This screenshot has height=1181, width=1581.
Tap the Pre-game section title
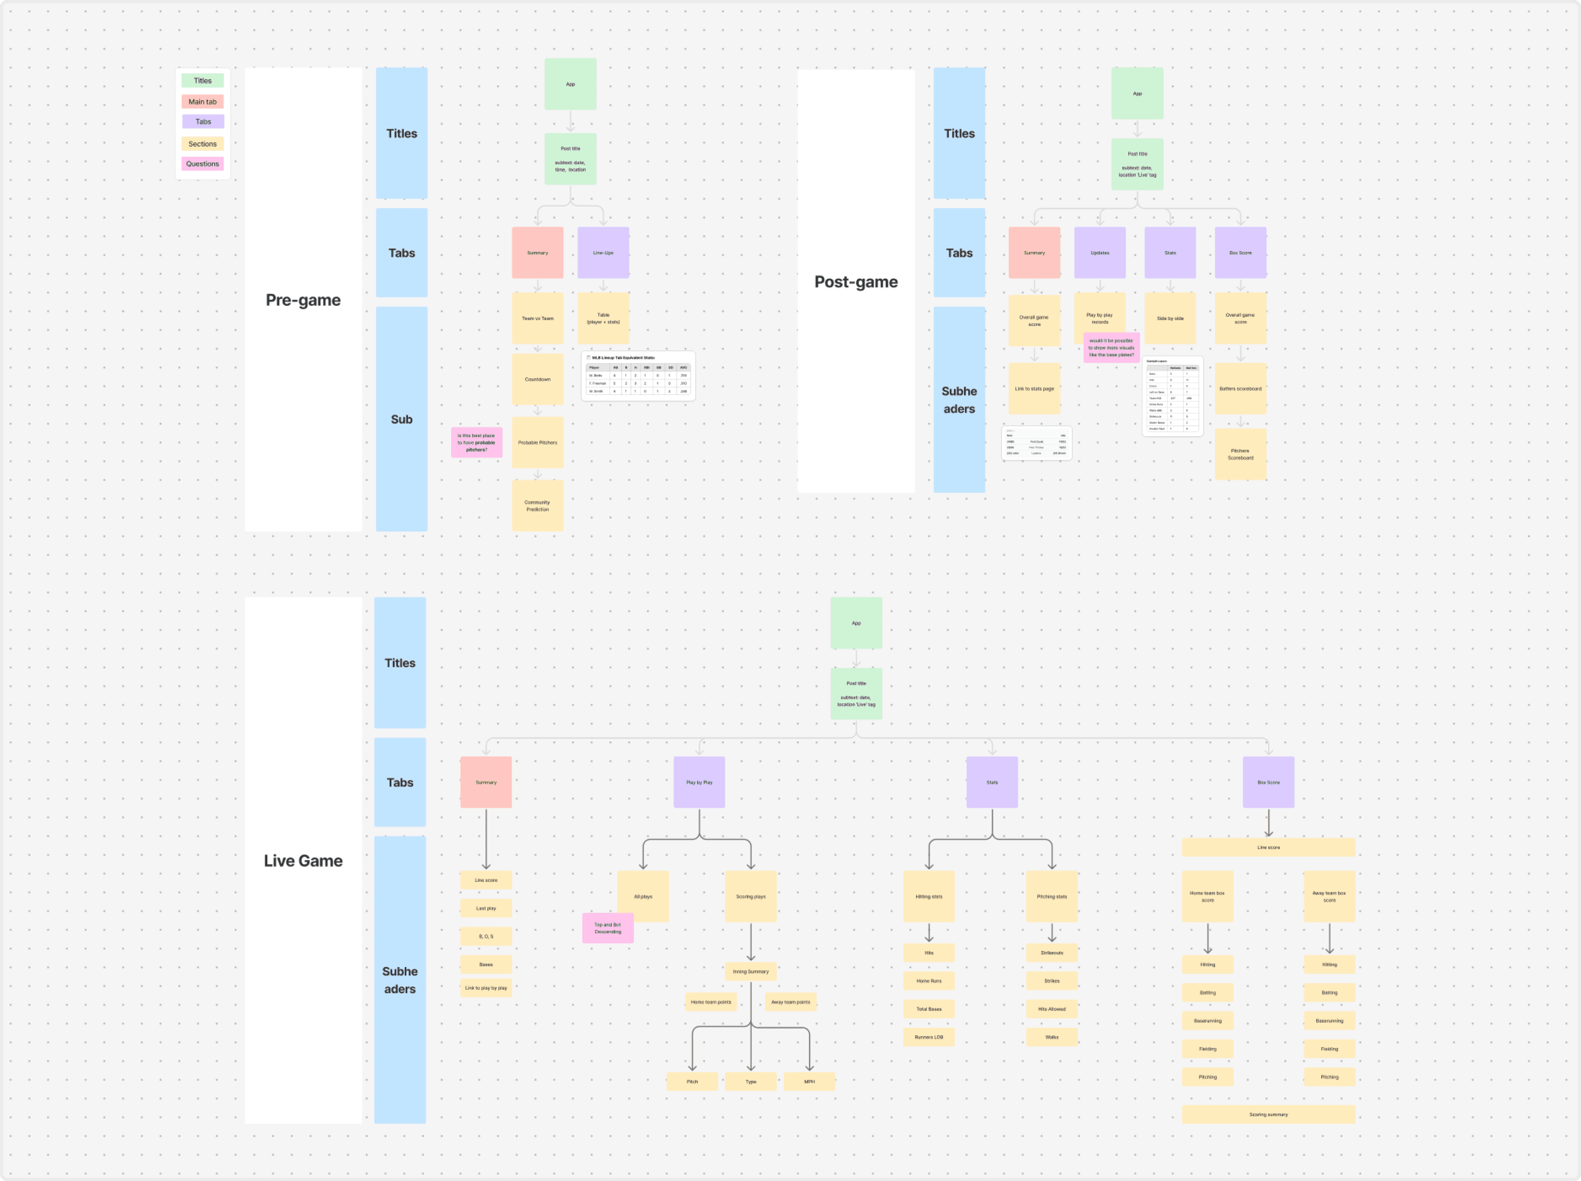(x=303, y=300)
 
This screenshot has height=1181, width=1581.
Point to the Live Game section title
(x=303, y=861)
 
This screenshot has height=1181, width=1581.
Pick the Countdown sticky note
(x=537, y=379)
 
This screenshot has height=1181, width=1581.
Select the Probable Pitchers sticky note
(x=537, y=442)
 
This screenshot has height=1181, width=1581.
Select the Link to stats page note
(x=1034, y=389)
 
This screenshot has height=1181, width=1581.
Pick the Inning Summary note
(x=750, y=971)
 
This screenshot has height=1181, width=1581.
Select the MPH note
(x=809, y=1082)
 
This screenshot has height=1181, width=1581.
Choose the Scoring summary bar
(x=1268, y=1114)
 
